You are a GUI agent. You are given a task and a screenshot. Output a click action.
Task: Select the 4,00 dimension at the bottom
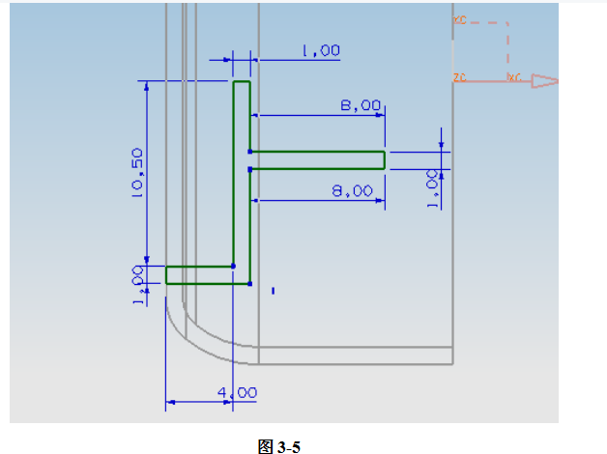click(x=237, y=392)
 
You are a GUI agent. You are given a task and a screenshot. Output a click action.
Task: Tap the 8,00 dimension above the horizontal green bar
click(x=361, y=106)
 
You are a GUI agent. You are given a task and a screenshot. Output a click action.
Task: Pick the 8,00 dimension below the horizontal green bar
click(x=352, y=191)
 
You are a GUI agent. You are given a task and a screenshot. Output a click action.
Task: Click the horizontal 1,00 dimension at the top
click(x=320, y=51)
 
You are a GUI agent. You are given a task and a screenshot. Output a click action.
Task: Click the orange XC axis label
click(x=514, y=77)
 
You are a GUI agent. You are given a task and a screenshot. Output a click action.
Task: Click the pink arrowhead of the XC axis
click(x=545, y=81)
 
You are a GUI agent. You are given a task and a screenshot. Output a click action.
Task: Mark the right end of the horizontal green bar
click(x=384, y=159)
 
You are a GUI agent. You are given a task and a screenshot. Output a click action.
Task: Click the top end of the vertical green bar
click(x=242, y=83)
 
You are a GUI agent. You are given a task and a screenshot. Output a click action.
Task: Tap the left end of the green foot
click(x=167, y=274)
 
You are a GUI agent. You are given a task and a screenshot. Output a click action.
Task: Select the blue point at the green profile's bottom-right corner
click(x=250, y=284)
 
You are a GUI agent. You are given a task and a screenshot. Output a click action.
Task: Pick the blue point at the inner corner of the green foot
click(x=233, y=266)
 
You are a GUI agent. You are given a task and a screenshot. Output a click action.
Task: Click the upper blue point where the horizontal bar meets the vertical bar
click(x=250, y=152)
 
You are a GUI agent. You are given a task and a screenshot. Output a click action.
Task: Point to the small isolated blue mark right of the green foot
click(x=274, y=289)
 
